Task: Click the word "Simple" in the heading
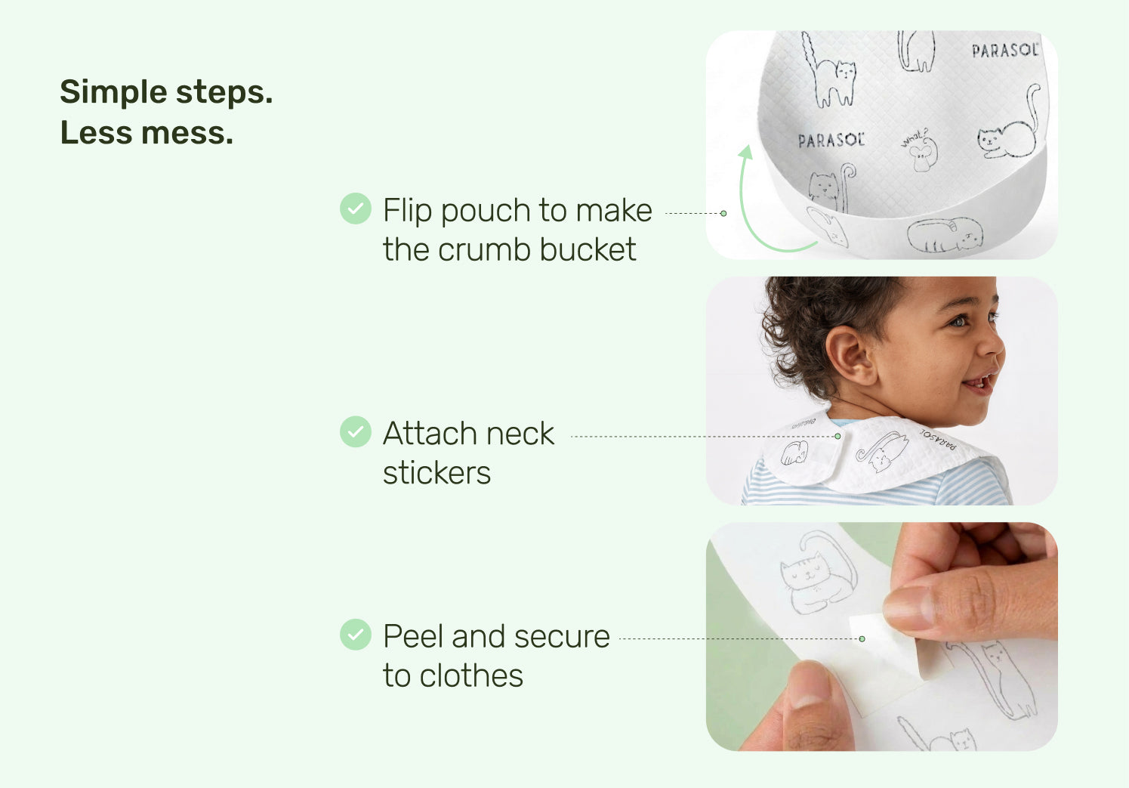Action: pyautogui.click(x=113, y=93)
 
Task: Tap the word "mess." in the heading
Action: pyautogui.click(x=187, y=133)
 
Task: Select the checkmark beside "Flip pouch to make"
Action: pyautogui.click(x=356, y=209)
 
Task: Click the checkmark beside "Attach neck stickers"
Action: pyautogui.click(x=356, y=431)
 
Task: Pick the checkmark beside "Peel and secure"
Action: pyautogui.click(x=356, y=634)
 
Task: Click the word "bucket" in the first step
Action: pyautogui.click(x=588, y=249)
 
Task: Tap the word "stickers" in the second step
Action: pyautogui.click(x=436, y=473)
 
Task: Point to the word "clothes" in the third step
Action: pyautogui.click(x=471, y=675)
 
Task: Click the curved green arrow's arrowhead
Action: pyautogui.click(x=746, y=153)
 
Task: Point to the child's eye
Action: pyautogui.click(x=958, y=320)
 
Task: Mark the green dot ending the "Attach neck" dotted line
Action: pyautogui.click(x=837, y=436)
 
